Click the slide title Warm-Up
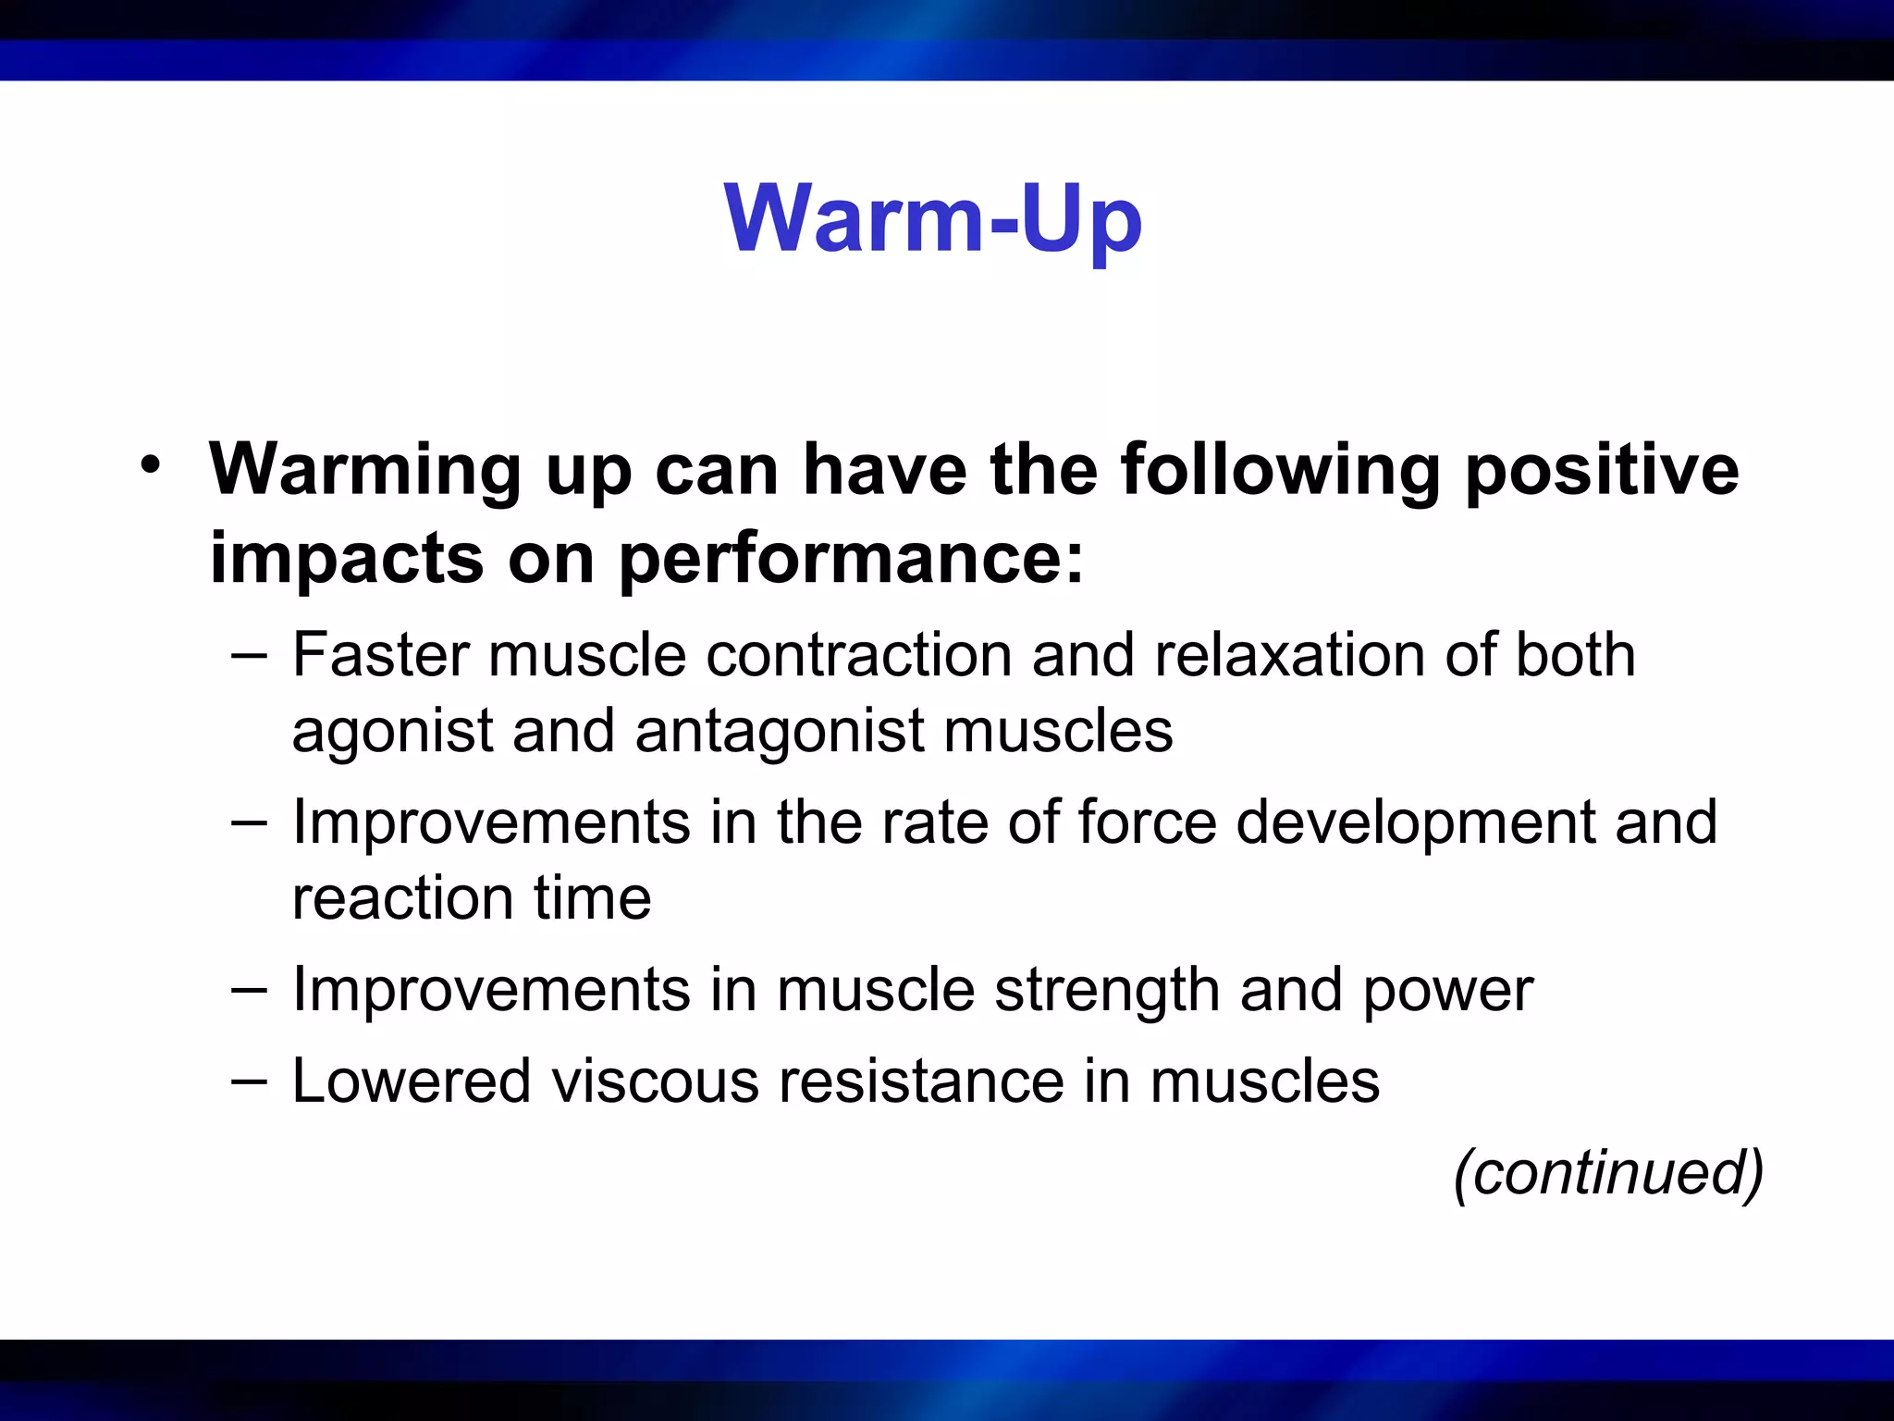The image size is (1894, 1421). click(933, 220)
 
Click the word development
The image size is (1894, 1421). click(1415, 823)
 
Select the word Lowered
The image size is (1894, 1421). click(411, 1081)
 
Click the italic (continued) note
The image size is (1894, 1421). click(1608, 1173)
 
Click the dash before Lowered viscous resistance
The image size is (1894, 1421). click(249, 1081)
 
